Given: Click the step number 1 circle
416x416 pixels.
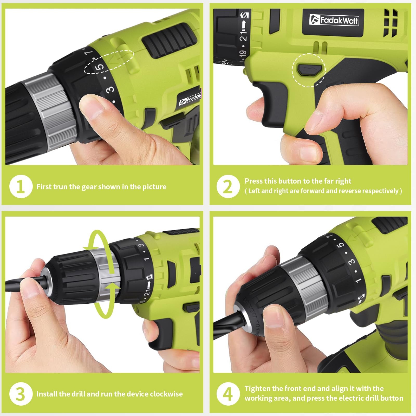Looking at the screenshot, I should (21, 187).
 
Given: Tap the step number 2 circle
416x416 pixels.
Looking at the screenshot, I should (228, 187).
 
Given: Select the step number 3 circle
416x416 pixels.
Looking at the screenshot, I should (21, 394).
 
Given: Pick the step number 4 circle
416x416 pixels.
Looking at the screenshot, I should (228, 394).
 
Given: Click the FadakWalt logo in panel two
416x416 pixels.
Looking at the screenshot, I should (334, 20).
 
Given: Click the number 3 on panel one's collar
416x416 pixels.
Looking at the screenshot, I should (110, 89).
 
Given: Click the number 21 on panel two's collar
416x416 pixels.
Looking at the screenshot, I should (244, 35).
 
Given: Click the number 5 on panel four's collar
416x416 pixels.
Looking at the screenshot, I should (341, 244).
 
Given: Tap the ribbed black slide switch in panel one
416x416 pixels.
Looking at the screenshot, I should (169, 39).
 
